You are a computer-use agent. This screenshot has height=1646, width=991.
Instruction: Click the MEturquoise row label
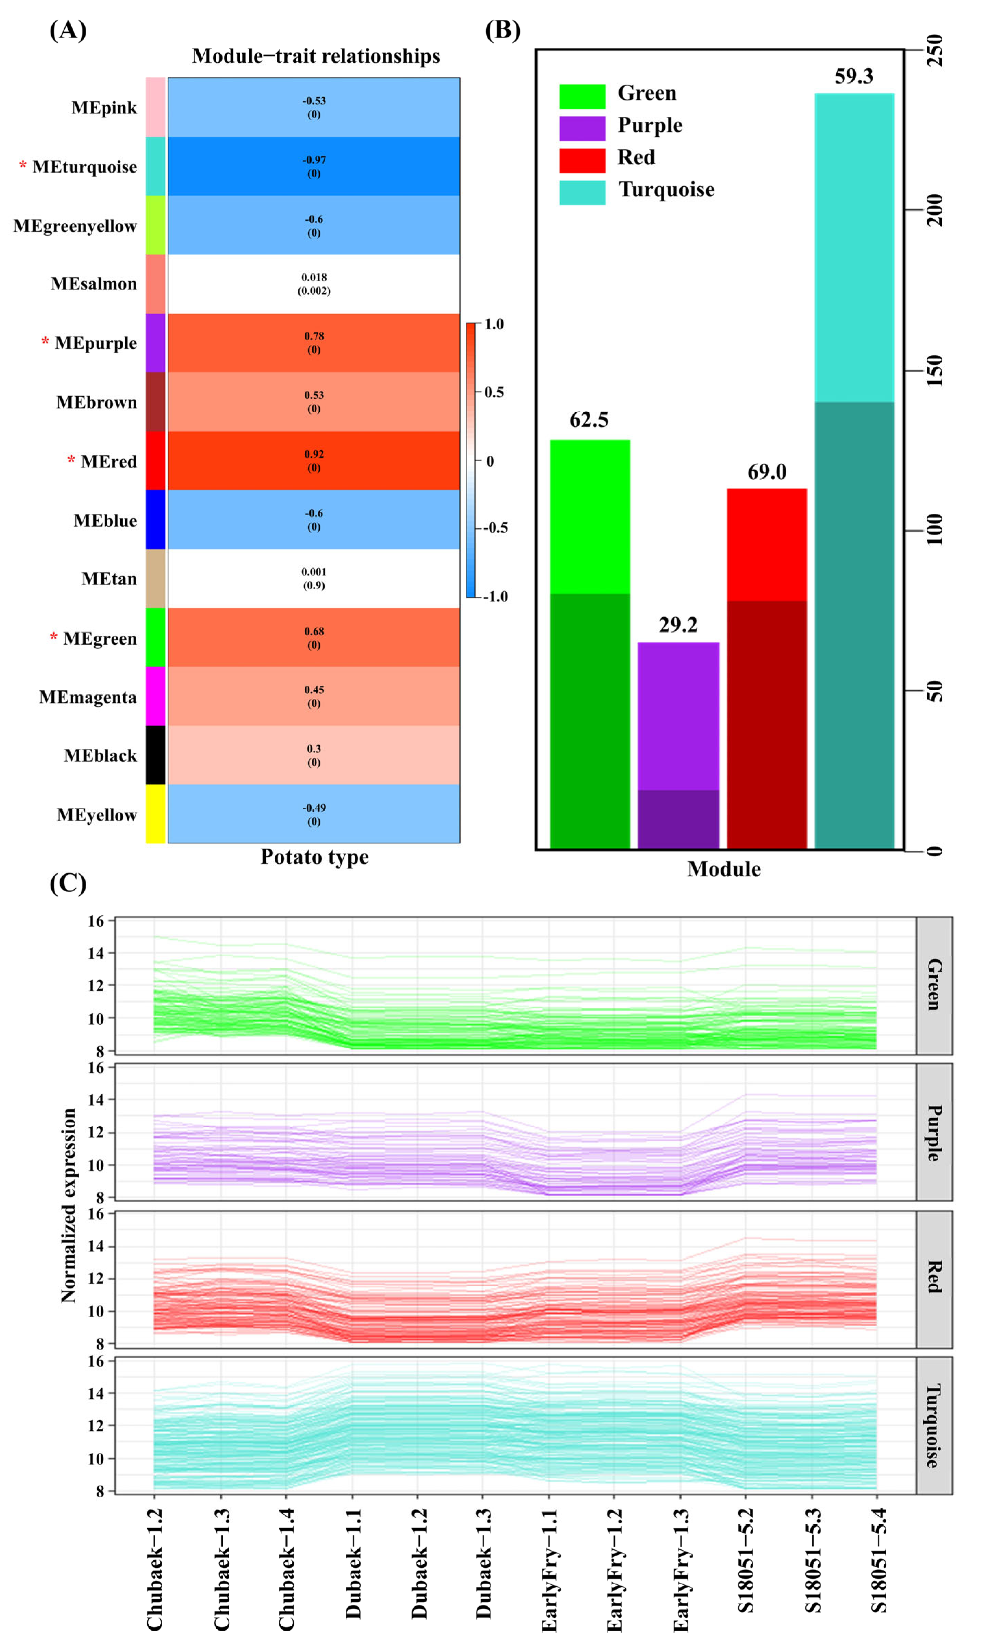pos(84,167)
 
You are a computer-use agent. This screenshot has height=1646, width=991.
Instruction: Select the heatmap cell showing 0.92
pos(314,461)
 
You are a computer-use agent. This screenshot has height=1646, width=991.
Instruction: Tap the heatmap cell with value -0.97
pos(314,166)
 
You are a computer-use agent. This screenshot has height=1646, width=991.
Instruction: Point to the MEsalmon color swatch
pos(156,284)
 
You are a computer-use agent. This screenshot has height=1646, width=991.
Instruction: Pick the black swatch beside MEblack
pos(156,755)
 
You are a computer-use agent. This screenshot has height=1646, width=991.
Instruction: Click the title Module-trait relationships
pos(316,56)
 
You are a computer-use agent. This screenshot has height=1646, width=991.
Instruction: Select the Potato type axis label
pos(315,857)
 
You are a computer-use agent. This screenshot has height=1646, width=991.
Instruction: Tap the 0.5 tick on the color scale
pos(494,392)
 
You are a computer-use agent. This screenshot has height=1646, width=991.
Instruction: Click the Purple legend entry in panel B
pos(649,126)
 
